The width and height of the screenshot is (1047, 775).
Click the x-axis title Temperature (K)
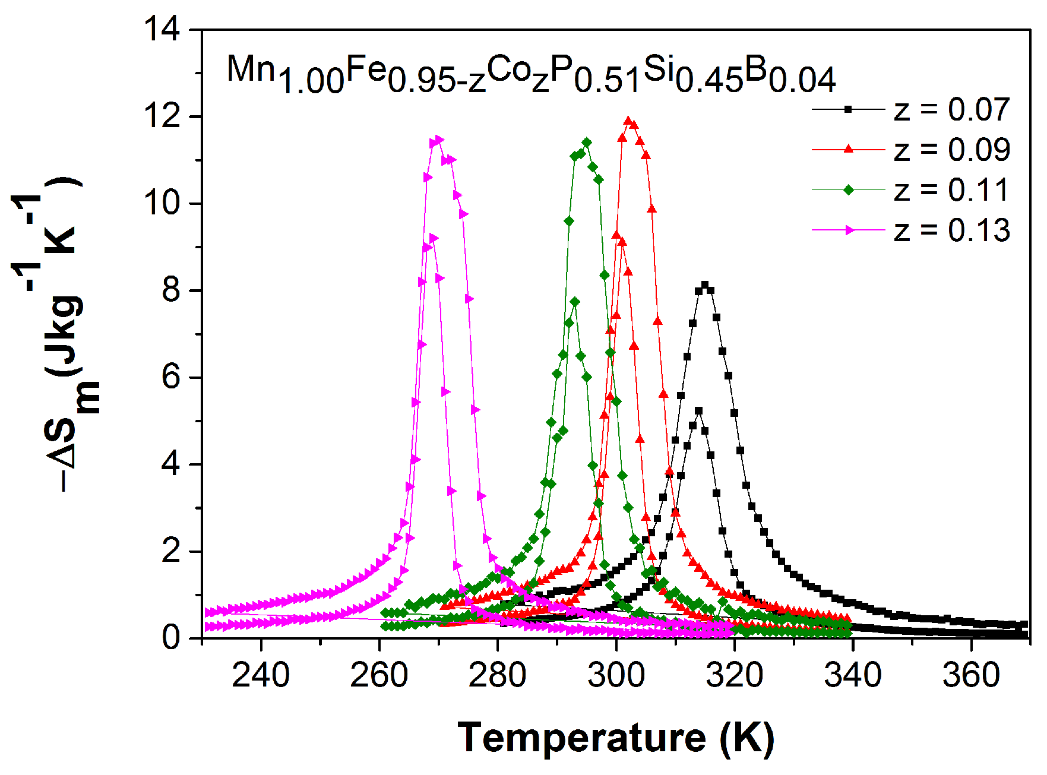pyautogui.click(x=616, y=738)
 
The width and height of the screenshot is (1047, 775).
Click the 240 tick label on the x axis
pyautogui.click(x=261, y=675)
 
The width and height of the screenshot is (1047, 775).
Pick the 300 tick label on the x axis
pyautogui.click(x=616, y=675)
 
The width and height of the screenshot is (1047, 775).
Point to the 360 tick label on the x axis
pyautogui.click(x=971, y=675)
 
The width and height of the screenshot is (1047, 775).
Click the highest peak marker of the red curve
pyautogui.click(x=628, y=121)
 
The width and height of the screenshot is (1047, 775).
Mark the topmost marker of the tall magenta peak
pyautogui.click(x=439, y=140)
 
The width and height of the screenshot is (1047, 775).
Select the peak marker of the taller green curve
pyautogui.click(x=587, y=142)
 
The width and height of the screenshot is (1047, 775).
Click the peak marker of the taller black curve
pyautogui.click(x=705, y=285)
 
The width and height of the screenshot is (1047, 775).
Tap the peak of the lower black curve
pyautogui.click(x=698, y=411)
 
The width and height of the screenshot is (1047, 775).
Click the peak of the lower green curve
pyautogui.click(x=574, y=302)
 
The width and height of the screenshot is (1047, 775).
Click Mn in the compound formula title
pyautogui.click(x=251, y=69)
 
